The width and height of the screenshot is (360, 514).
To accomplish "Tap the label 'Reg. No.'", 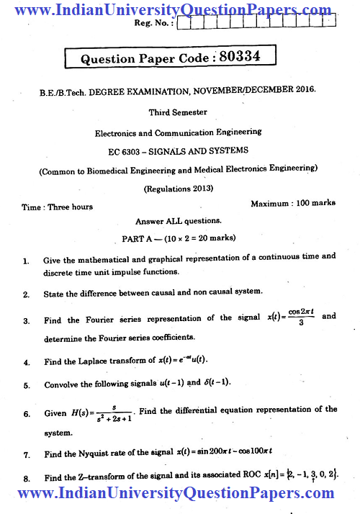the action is pyautogui.click(x=153, y=23).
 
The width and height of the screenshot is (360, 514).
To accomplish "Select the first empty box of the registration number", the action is pyautogui.click(x=184, y=22).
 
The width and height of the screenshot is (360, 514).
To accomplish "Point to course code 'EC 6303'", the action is pyautogui.click(x=122, y=150).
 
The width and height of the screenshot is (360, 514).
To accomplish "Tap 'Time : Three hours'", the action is pyautogui.click(x=57, y=207).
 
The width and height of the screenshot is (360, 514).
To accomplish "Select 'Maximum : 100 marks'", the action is pyautogui.click(x=293, y=204).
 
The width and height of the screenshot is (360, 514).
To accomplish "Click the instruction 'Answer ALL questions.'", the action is pyautogui.click(x=179, y=221).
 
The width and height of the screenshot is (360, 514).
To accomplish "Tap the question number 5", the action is pyautogui.click(x=26, y=385).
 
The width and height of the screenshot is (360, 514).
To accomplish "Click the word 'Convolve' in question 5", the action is pyautogui.click(x=63, y=385).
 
